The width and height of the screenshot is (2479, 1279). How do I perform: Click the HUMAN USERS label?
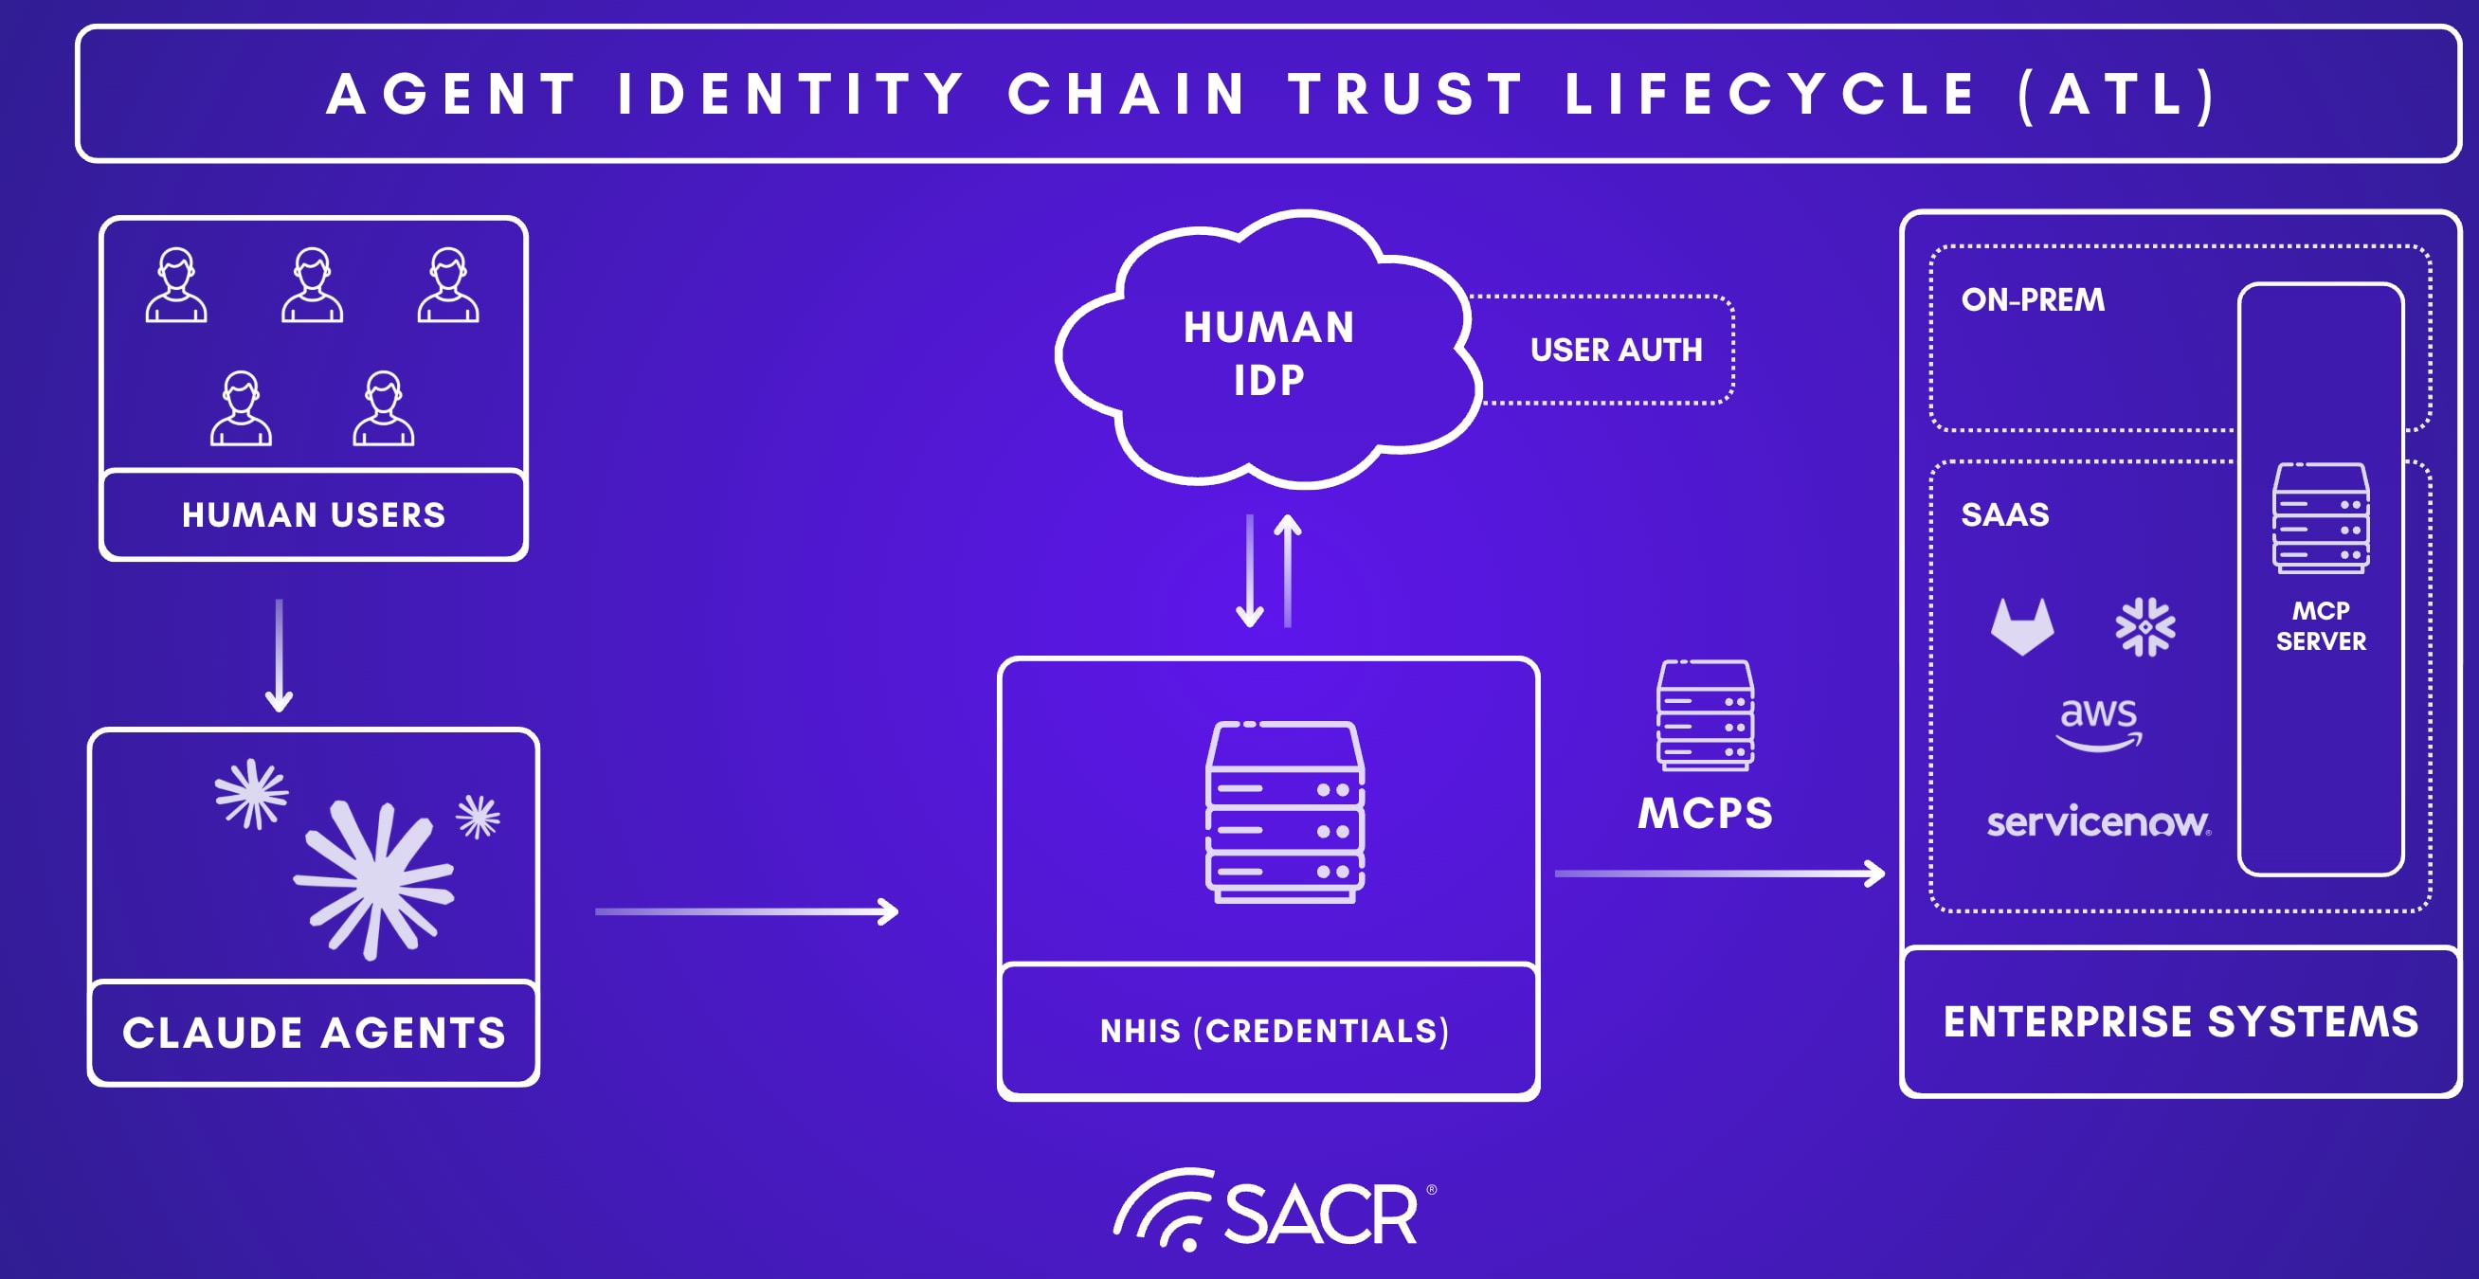click(x=314, y=514)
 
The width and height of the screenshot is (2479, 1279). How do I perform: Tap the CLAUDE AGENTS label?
click(x=314, y=1033)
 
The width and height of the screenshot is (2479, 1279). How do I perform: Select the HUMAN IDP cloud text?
click(x=1268, y=353)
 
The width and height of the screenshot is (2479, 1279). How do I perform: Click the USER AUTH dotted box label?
click(x=1616, y=350)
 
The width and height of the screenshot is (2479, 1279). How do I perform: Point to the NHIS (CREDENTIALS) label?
click(x=1275, y=1031)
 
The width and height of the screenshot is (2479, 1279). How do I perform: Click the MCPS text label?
click(x=1704, y=813)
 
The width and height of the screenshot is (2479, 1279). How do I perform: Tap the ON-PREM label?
click(x=2033, y=300)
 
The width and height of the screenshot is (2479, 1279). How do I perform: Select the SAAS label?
click(x=2004, y=514)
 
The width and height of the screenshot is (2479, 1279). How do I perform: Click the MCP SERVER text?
click(x=2320, y=625)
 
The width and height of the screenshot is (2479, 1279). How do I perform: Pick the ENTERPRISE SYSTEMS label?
click(x=2180, y=1021)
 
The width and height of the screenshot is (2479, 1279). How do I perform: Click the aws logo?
click(x=2099, y=723)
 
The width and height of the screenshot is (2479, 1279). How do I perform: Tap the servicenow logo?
click(x=2099, y=821)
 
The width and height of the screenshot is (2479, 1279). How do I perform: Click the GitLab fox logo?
click(x=2022, y=626)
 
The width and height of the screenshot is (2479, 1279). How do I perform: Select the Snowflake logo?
click(x=2145, y=626)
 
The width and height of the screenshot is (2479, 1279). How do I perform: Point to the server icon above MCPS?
click(x=1704, y=715)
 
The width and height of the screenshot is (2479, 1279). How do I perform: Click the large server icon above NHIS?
click(x=1285, y=811)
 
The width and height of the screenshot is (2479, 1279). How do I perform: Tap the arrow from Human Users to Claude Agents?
click(x=280, y=655)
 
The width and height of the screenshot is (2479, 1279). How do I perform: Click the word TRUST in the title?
click(x=1407, y=95)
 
